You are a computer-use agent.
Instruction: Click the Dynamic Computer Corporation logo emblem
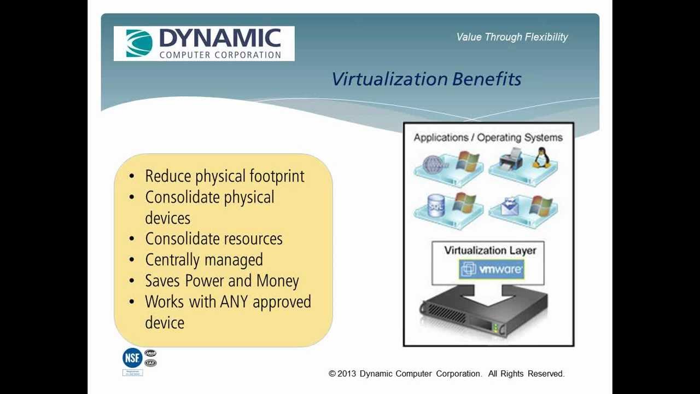(139, 44)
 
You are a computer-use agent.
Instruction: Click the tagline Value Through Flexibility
(512, 37)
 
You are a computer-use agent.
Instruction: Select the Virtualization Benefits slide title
(426, 79)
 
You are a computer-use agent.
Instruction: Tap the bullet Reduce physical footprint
(224, 176)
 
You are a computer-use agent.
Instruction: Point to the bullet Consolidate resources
(213, 239)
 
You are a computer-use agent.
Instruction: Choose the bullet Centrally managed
(203, 260)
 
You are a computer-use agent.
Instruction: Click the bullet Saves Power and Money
(221, 281)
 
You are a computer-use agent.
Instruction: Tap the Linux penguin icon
(541, 158)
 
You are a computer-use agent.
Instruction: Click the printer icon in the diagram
(511, 159)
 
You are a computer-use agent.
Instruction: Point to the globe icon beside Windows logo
(434, 163)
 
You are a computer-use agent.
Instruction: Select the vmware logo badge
(491, 269)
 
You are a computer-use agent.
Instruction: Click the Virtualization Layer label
(490, 251)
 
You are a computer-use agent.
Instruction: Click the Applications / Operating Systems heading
(488, 138)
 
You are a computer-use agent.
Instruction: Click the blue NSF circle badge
(132, 358)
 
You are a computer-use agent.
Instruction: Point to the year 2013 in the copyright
(347, 374)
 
